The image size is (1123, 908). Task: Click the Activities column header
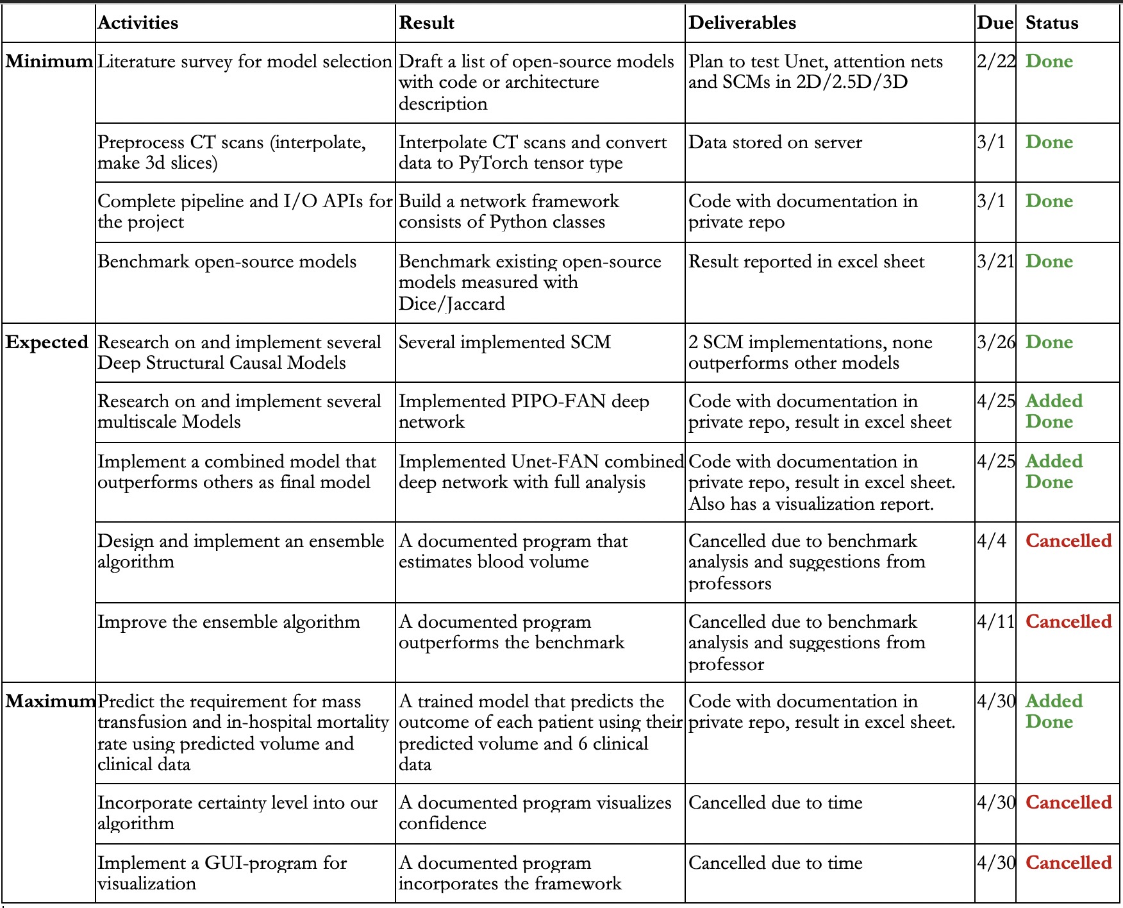[x=138, y=23]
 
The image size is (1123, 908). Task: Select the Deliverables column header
[x=742, y=23]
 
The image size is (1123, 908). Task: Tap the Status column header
[x=1051, y=23]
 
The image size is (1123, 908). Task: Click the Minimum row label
[x=49, y=62]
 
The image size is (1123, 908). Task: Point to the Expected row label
[x=47, y=342]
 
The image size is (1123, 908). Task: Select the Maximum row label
[x=49, y=702]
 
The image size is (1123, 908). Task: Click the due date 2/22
[x=995, y=62]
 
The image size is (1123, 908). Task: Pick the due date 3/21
[x=995, y=262]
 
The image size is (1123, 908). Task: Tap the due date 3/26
[x=995, y=342]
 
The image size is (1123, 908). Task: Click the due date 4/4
[x=991, y=541]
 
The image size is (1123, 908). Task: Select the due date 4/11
[x=995, y=622]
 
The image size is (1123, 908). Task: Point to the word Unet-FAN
[x=554, y=462]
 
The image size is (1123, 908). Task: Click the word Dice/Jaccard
[x=451, y=304]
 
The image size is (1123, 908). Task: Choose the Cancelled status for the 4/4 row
[x=1068, y=541]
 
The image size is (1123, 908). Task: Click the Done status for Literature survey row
[x=1049, y=62]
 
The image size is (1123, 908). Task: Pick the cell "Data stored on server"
[x=775, y=142]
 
